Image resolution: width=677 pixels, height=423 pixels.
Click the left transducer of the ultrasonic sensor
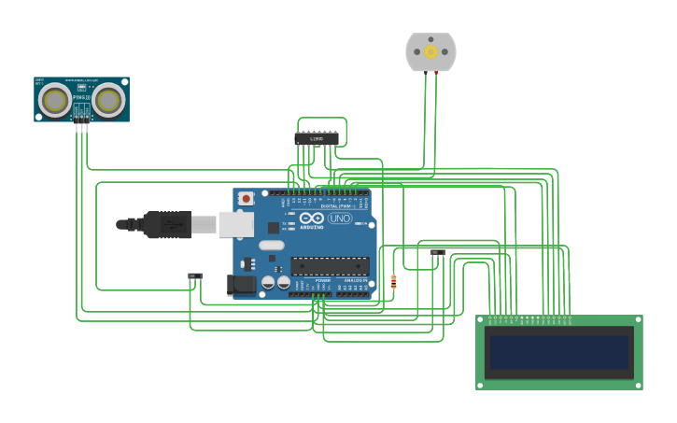point(55,100)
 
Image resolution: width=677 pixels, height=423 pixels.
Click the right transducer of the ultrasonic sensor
point(108,100)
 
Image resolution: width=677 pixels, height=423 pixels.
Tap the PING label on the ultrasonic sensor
point(79,97)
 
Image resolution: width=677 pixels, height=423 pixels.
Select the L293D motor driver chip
point(317,139)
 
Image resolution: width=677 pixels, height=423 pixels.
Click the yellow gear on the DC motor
point(430,51)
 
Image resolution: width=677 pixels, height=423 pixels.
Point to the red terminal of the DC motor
point(436,72)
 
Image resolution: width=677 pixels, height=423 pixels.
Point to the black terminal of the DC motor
point(426,72)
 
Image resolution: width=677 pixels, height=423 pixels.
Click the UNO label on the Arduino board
point(339,219)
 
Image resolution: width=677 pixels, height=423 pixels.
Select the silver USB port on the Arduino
point(236,224)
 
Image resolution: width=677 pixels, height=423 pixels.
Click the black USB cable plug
point(168,224)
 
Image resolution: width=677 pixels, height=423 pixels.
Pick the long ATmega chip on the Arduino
point(330,265)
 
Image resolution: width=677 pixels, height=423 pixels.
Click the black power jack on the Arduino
point(242,285)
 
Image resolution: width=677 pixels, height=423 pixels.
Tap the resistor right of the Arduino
point(393,281)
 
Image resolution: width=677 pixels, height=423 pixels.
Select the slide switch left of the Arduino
point(194,276)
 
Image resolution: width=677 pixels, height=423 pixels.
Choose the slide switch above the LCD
point(437,252)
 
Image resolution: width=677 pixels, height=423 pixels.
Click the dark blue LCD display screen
point(558,352)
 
